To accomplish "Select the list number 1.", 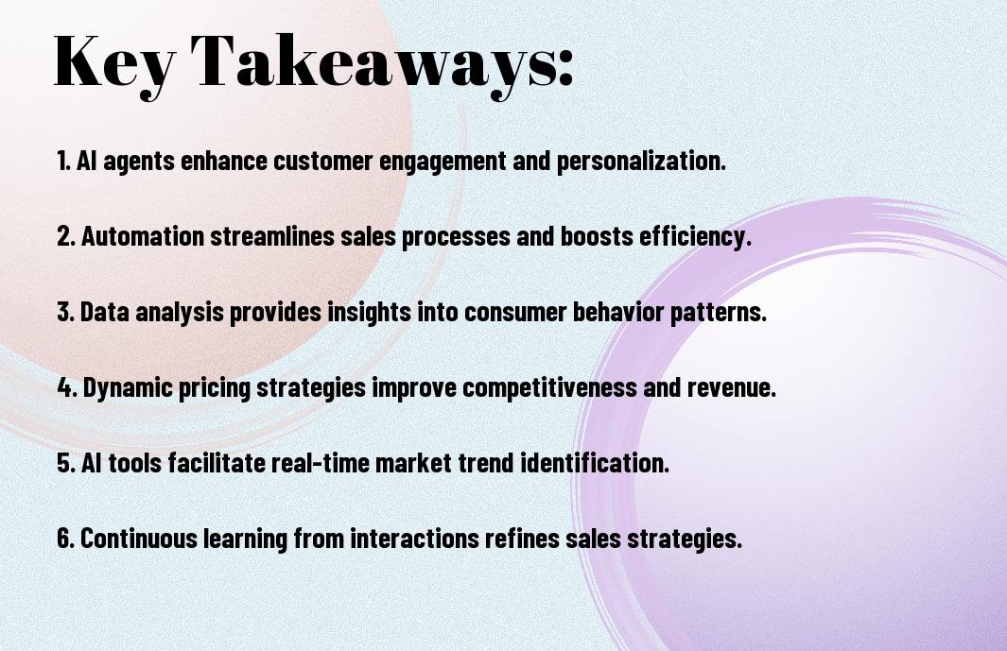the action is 63,160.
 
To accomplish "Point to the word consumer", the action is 515,313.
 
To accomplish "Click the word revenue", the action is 732,387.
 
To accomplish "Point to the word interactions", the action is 414,538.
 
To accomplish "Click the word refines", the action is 522,538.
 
